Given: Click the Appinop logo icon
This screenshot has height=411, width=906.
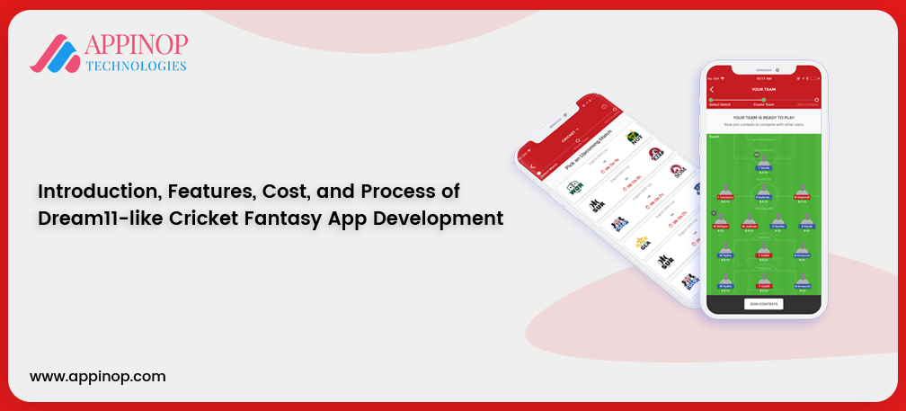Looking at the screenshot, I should tap(57, 53).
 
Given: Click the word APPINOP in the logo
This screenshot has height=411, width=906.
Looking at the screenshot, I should tap(136, 45).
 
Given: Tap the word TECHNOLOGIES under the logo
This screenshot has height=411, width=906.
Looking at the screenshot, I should tap(136, 66).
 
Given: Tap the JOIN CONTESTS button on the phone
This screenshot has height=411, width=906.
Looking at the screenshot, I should tap(763, 304).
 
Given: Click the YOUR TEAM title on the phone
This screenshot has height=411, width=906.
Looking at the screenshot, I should tap(763, 89).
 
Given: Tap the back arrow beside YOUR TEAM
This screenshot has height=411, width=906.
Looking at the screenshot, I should tap(712, 89).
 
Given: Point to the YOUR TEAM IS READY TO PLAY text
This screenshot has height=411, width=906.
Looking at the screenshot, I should tap(763, 117).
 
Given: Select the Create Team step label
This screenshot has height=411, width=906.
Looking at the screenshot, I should tap(763, 105).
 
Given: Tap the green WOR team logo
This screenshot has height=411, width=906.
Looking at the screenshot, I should tap(574, 188).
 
